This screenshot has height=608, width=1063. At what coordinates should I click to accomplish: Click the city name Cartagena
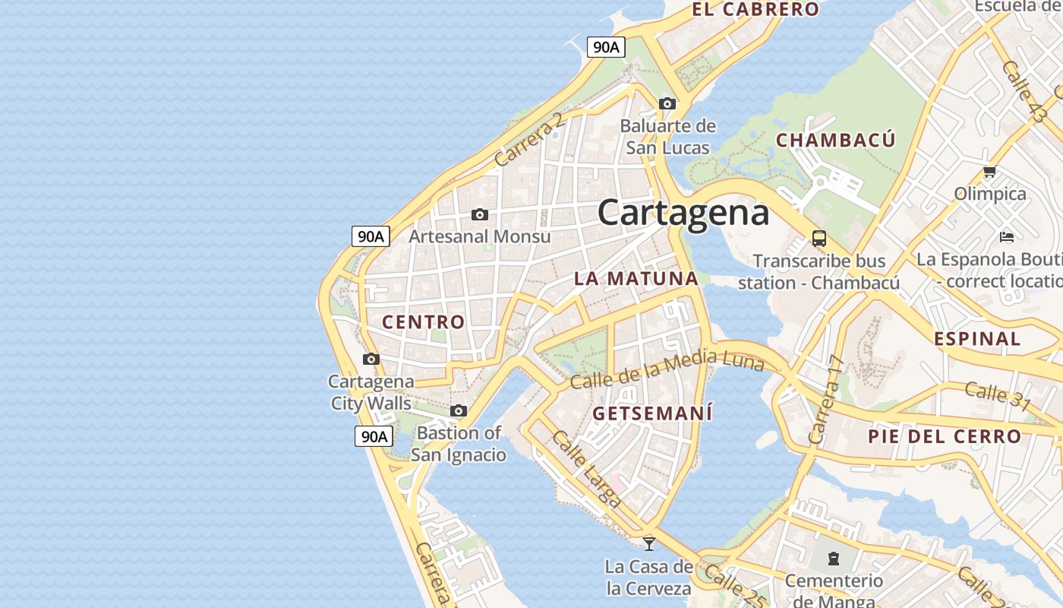tap(683, 213)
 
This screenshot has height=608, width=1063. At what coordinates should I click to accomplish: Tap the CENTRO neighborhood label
tap(423, 321)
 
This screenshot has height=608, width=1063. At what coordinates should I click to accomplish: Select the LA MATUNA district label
tap(636, 278)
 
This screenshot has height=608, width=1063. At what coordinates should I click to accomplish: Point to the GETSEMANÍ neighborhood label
tap(652, 413)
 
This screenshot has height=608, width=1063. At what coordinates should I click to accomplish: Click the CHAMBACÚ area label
tap(835, 140)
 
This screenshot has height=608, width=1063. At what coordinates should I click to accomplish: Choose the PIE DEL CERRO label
tap(945, 436)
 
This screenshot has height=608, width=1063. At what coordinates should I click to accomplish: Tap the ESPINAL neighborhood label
tap(977, 339)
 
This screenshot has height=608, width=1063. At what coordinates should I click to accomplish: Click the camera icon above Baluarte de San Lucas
tap(667, 103)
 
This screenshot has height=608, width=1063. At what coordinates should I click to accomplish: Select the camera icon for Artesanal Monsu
tap(480, 215)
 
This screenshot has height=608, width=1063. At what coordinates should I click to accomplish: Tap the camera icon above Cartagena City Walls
tap(371, 359)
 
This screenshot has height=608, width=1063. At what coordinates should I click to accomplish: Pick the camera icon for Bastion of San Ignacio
tap(458, 411)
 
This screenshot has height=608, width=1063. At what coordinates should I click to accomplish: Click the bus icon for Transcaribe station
tap(819, 239)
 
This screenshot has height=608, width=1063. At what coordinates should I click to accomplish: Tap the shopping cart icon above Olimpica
tap(989, 172)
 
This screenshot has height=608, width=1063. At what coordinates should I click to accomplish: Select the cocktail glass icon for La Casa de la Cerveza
tap(649, 543)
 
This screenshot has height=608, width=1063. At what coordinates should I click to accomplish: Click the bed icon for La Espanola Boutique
tap(1007, 236)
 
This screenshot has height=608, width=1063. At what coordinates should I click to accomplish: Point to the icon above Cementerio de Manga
tap(834, 559)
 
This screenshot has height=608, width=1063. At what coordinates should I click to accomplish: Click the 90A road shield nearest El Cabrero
tap(606, 47)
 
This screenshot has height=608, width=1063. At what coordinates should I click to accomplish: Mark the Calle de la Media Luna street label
tap(667, 369)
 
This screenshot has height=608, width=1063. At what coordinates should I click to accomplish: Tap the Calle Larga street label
tap(586, 469)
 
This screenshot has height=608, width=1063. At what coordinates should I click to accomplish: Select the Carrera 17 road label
tap(826, 400)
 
